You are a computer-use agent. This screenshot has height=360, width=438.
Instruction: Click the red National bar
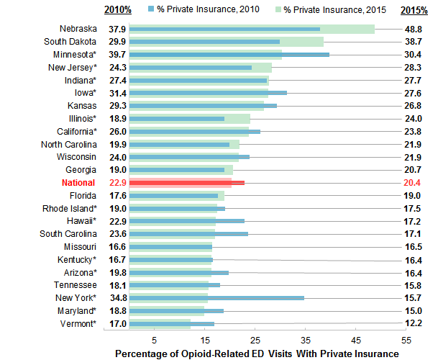pyautogui.click(x=187, y=183)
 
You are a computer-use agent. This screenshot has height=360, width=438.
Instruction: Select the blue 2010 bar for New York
pyautogui.click(x=216, y=297)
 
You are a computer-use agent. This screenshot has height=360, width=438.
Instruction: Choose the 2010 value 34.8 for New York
pyautogui.click(x=117, y=297)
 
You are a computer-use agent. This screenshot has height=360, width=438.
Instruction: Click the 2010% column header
pyautogui.click(x=118, y=9)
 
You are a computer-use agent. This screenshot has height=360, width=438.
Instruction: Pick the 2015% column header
pyautogui.click(x=412, y=9)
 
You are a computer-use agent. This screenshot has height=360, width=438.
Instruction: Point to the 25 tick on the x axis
pyautogui.click(x=255, y=339)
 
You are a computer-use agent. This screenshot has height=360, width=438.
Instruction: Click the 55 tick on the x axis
pyautogui.click(x=406, y=339)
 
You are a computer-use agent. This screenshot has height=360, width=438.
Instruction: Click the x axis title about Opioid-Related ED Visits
pyautogui.click(x=257, y=354)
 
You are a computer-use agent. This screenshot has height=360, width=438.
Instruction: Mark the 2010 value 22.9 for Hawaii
pyautogui.click(x=117, y=221)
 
